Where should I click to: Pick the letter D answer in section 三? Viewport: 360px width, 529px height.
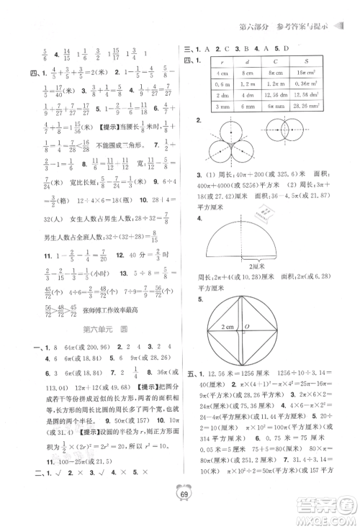[288, 48]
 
